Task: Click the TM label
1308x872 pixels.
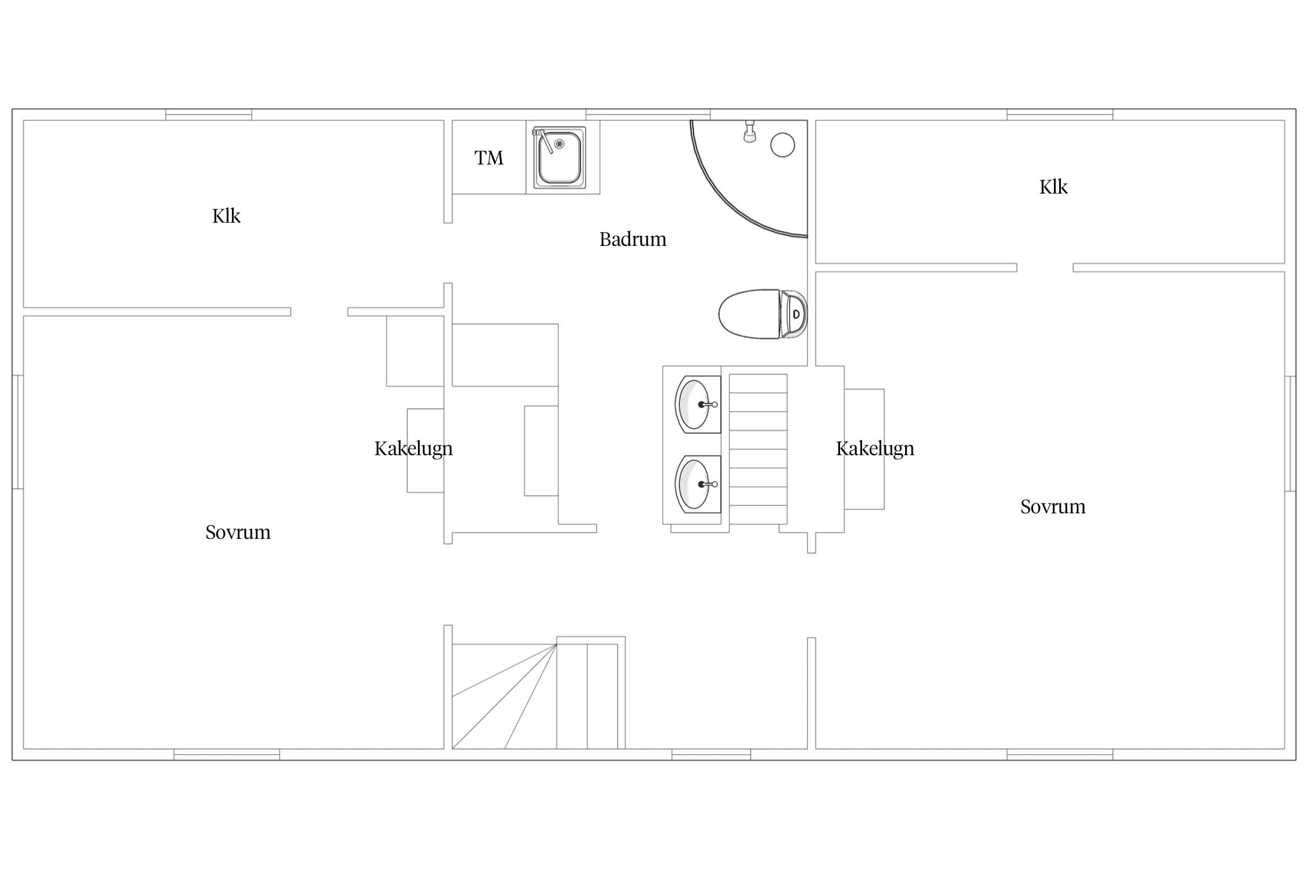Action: click(488, 158)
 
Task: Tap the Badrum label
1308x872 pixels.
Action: click(632, 239)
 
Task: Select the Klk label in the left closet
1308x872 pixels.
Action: click(226, 216)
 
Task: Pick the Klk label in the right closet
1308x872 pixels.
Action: click(1053, 187)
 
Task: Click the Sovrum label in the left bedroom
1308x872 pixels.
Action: click(238, 532)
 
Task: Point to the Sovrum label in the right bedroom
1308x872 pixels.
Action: click(1053, 506)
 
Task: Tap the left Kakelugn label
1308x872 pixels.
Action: click(413, 449)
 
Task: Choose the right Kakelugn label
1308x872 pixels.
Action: click(875, 449)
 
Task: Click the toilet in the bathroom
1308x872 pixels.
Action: click(763, 314)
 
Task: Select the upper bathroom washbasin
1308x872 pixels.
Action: click(698, 404)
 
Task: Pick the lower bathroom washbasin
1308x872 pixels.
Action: click(698, 484)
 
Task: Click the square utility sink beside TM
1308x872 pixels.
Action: click(559, 158)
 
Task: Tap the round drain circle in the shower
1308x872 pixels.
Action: click(782, 145)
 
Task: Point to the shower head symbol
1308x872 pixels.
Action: click(750, 131)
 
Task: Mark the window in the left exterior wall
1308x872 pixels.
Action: click(17, 432)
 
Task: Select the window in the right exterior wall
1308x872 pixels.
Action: click(1291, 434)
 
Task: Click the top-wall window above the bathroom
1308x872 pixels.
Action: click(648, 115)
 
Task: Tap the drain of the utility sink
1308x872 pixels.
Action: click(559, 143)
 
